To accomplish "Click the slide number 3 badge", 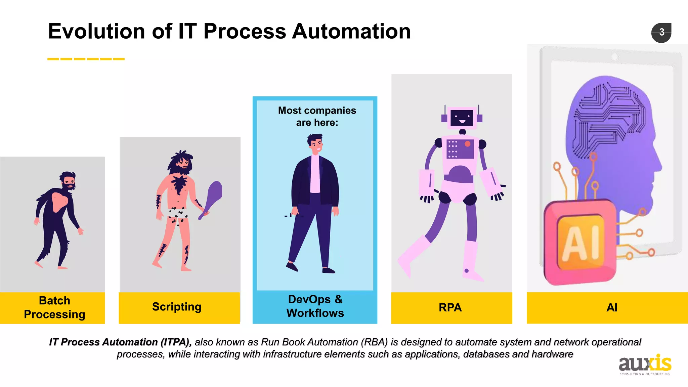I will pos(661,33).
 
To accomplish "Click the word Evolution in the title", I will pos(96,31).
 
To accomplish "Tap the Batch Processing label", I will pos(54,307).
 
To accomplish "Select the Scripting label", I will pos(177,307).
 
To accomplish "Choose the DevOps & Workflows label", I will pos(315,306).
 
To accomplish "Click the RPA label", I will pos(450,307).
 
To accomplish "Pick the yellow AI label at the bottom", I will pos(612,307).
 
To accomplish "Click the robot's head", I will pos(462,118).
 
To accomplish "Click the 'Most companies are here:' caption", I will pos(317,116).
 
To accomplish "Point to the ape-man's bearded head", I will pos(69,181).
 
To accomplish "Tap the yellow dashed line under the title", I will pos(86,59).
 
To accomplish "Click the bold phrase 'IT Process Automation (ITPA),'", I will pos(120,342).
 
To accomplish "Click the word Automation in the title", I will pos(351,31).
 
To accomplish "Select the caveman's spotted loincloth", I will pos(178,214).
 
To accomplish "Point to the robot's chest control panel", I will pos(460,148).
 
